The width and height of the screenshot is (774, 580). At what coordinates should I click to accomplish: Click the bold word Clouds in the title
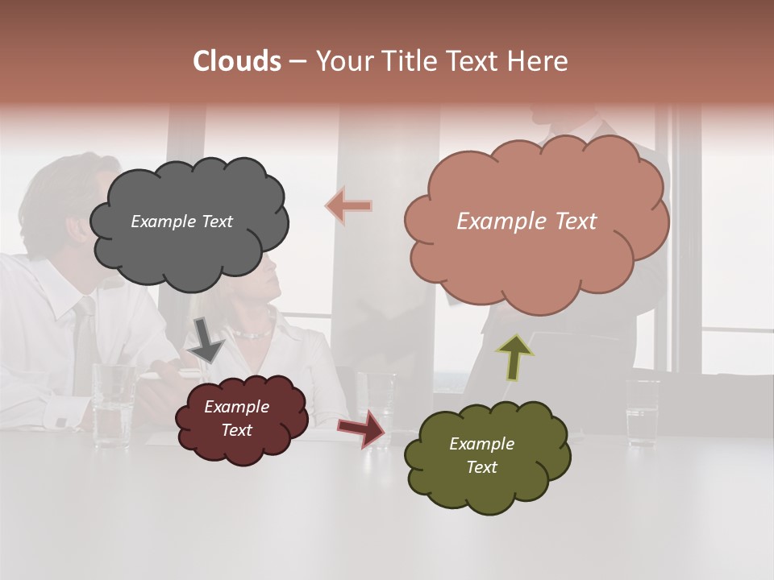coord(237,61)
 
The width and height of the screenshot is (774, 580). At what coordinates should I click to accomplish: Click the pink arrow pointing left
coord(350,206)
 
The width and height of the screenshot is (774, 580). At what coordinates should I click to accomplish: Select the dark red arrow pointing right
coord(362,428)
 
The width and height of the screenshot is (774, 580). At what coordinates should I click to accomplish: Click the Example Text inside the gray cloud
coord(181,222)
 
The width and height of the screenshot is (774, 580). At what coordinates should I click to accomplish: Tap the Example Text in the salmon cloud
coord(526,222)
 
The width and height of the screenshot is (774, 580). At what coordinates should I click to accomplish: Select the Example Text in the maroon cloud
coord(236,418)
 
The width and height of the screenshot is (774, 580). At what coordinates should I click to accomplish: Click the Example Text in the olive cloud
coord(481,455)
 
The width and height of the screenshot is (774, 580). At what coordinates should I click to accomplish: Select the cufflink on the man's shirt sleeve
coord(61,421)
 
